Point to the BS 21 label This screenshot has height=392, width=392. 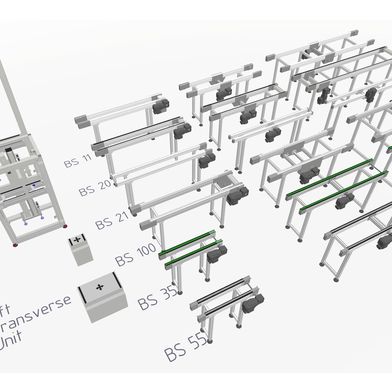(x=111, y=220)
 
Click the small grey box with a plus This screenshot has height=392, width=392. (x=78, y=250)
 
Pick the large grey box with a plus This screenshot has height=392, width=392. (x=102, y=298)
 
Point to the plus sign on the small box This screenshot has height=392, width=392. (x=76, y=241)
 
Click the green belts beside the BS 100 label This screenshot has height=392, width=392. (x=189, y=246)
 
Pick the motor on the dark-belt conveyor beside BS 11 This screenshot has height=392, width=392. (x=183, y=131)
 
